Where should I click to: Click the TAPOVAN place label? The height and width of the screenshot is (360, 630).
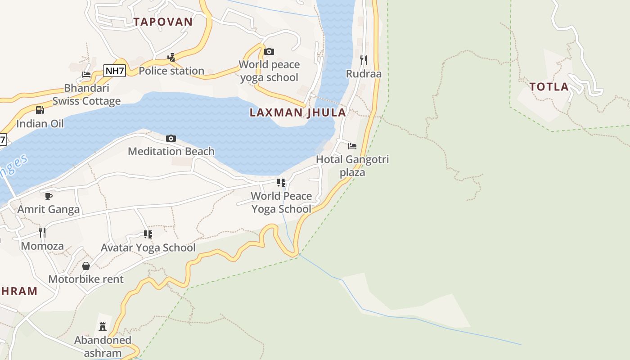click(x=163, y=22)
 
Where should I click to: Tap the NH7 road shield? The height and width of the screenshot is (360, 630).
click(x=114, y=71)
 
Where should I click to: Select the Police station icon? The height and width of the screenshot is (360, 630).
click(x=171, y=58)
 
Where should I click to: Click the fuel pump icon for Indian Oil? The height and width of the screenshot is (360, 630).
click(x=40, y=110)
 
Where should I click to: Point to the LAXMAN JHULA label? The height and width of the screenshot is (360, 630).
click(x=298, y=112)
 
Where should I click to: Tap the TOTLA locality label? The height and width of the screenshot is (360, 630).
click(x=549, y=87)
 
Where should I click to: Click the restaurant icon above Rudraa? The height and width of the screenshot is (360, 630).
click(x=364, y=60)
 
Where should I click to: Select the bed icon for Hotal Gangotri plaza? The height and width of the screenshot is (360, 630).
click(x=352, y=146)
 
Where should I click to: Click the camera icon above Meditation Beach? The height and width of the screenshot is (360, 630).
click(x=171, y=138)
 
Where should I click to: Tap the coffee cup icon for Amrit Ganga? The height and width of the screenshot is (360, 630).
click(x=49, y=196)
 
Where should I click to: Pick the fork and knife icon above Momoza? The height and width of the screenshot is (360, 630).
click(x=42, y=232)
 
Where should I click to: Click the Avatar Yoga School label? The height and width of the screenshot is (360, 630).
click(x=148, y=247)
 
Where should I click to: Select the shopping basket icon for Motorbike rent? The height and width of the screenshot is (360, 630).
click(x=86, y=266)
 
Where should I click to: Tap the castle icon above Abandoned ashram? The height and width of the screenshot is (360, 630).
click(x=103, y=327)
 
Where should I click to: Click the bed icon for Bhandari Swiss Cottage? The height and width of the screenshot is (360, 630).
click(x=86, y=75)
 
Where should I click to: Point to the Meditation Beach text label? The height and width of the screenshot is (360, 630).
click(x=171, y=151)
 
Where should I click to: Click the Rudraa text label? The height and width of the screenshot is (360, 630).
click(x=364, y=73)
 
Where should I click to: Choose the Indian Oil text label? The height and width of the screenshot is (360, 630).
click(x=40, y=124)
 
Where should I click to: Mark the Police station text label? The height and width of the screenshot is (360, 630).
click(x=171, y=71)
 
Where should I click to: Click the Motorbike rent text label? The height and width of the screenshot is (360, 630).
click(x=86, y=279)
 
